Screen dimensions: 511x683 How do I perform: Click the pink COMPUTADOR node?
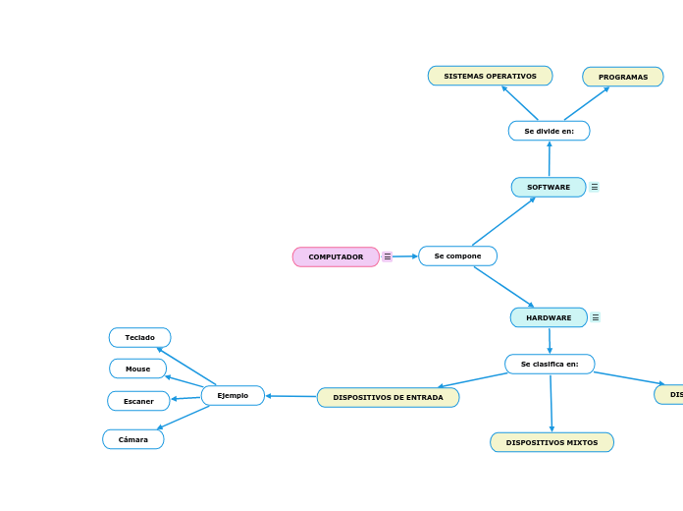336,256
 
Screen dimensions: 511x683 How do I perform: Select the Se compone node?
457,256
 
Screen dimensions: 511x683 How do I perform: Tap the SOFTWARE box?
549,187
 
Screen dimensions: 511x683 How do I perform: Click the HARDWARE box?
549,317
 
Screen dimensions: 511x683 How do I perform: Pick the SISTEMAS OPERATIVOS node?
490,76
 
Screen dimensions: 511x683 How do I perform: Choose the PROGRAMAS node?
622,77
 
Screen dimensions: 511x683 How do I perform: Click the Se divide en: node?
549,131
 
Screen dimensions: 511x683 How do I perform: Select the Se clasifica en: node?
550,364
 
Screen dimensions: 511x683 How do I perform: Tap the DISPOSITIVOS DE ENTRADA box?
388,398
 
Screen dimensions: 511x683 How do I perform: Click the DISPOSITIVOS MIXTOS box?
552,442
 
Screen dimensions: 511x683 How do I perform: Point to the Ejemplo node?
233,395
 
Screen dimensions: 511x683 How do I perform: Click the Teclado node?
139,337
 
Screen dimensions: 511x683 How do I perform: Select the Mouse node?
137,369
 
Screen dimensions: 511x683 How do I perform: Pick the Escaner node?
138,401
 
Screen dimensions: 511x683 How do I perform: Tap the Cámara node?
132,439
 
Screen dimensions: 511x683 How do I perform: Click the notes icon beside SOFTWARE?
595,187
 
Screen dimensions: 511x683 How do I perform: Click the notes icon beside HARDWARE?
596,317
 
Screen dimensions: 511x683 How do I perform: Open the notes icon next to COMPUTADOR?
388,256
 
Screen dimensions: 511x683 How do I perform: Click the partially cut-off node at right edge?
670,394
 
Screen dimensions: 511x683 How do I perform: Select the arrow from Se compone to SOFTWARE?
503,221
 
